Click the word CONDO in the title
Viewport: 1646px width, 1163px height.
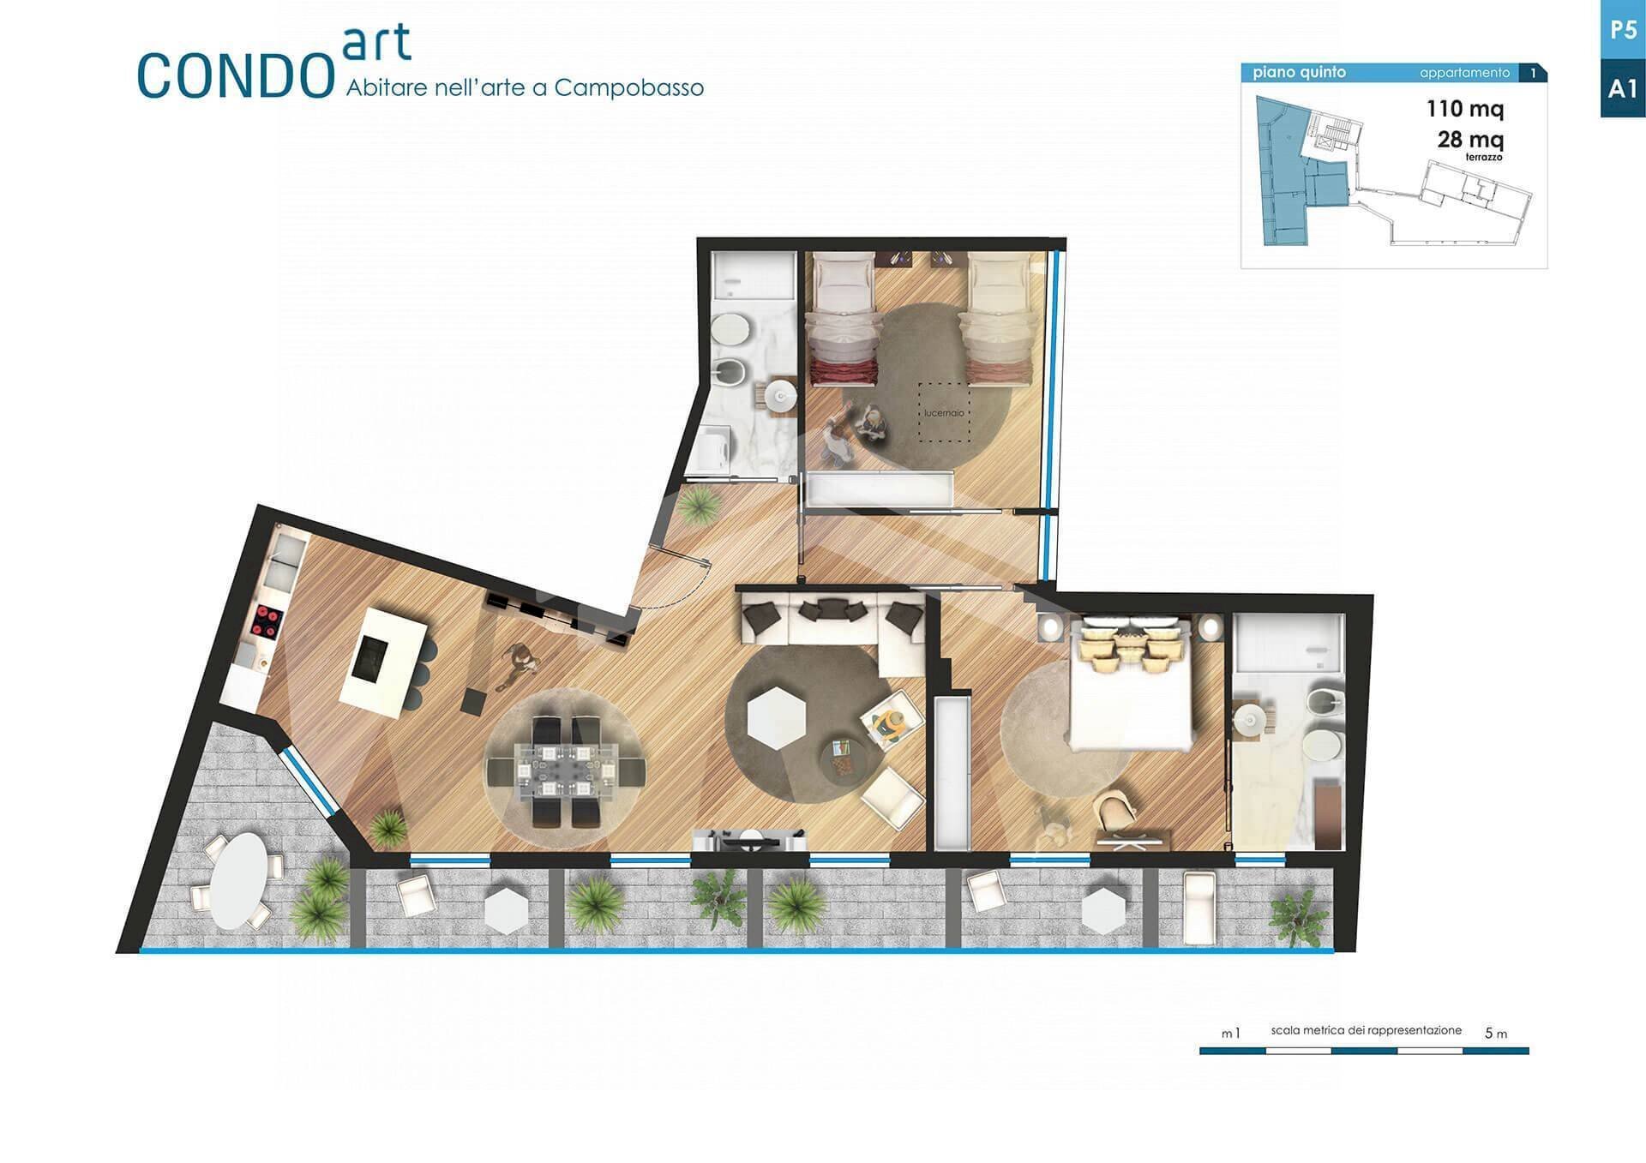click(235, 76)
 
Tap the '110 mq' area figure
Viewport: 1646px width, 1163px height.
click(1465, 109)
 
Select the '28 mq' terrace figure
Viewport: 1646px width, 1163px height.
click(1470, 139)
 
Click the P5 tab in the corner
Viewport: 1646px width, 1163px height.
click(1623, 30)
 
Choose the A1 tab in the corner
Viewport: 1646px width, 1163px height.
click(1623, 88)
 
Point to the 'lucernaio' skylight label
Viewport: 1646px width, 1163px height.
click(944, 413)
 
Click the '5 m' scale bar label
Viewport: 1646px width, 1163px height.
click(1496, 1034)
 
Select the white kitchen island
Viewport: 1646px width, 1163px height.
click(384, 662)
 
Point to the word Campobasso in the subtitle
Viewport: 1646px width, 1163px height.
click(629, 87)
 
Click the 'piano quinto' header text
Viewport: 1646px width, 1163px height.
click(1299, 73)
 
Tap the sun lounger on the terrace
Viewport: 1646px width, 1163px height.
click(1198, 908)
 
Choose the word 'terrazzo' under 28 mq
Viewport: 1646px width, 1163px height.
click(1483, 158)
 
